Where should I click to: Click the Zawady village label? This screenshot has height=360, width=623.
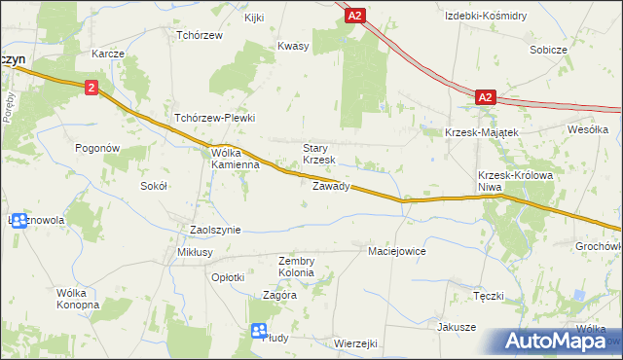331,186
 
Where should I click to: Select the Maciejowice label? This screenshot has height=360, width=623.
397,251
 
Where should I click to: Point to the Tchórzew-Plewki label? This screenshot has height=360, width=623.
214,118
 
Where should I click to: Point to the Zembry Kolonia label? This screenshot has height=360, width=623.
296,267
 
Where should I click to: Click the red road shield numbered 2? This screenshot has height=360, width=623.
91,88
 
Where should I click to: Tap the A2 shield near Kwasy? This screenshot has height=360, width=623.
355,16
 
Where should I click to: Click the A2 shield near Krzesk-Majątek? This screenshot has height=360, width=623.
487,97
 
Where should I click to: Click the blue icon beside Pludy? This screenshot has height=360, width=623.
259,331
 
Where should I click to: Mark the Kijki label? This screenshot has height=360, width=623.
255,18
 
